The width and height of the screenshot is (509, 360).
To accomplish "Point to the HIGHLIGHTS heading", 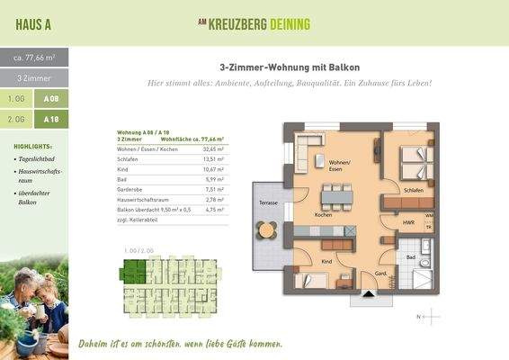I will pyautogui.click(x=33, y=146).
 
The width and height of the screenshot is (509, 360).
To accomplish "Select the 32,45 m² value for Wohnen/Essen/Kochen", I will pyautogui.click(x=213, y=148).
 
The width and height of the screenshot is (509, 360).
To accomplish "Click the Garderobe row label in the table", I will pyautogui.click(x=132, y=190).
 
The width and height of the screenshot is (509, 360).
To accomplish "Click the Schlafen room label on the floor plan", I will pyautogui.click(x=414, y=191).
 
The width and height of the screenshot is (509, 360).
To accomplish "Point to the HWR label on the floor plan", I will pyautogui.click(x=407, y=221).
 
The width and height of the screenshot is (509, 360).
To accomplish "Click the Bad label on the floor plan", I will pyautogui.click(x=410, y=256).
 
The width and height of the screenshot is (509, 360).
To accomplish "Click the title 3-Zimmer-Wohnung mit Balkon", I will pyautogui.click(x=290, y=67).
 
